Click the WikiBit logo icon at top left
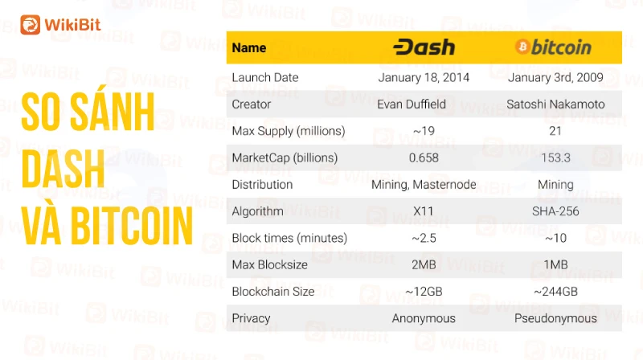31,25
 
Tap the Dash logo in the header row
424,47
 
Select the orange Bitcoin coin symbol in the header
522,47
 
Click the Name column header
249,47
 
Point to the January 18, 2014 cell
424,77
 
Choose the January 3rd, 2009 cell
555,77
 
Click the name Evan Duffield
412,104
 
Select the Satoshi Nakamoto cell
555,104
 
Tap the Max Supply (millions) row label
289,131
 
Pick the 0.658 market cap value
424,157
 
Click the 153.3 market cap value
555,157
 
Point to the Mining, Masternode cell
424,185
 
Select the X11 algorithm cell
424,211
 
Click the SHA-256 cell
555,211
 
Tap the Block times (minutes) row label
289,238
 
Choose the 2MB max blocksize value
424,265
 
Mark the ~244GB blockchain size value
555,292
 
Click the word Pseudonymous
555,318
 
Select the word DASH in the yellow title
63,169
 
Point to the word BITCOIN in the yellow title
132,226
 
